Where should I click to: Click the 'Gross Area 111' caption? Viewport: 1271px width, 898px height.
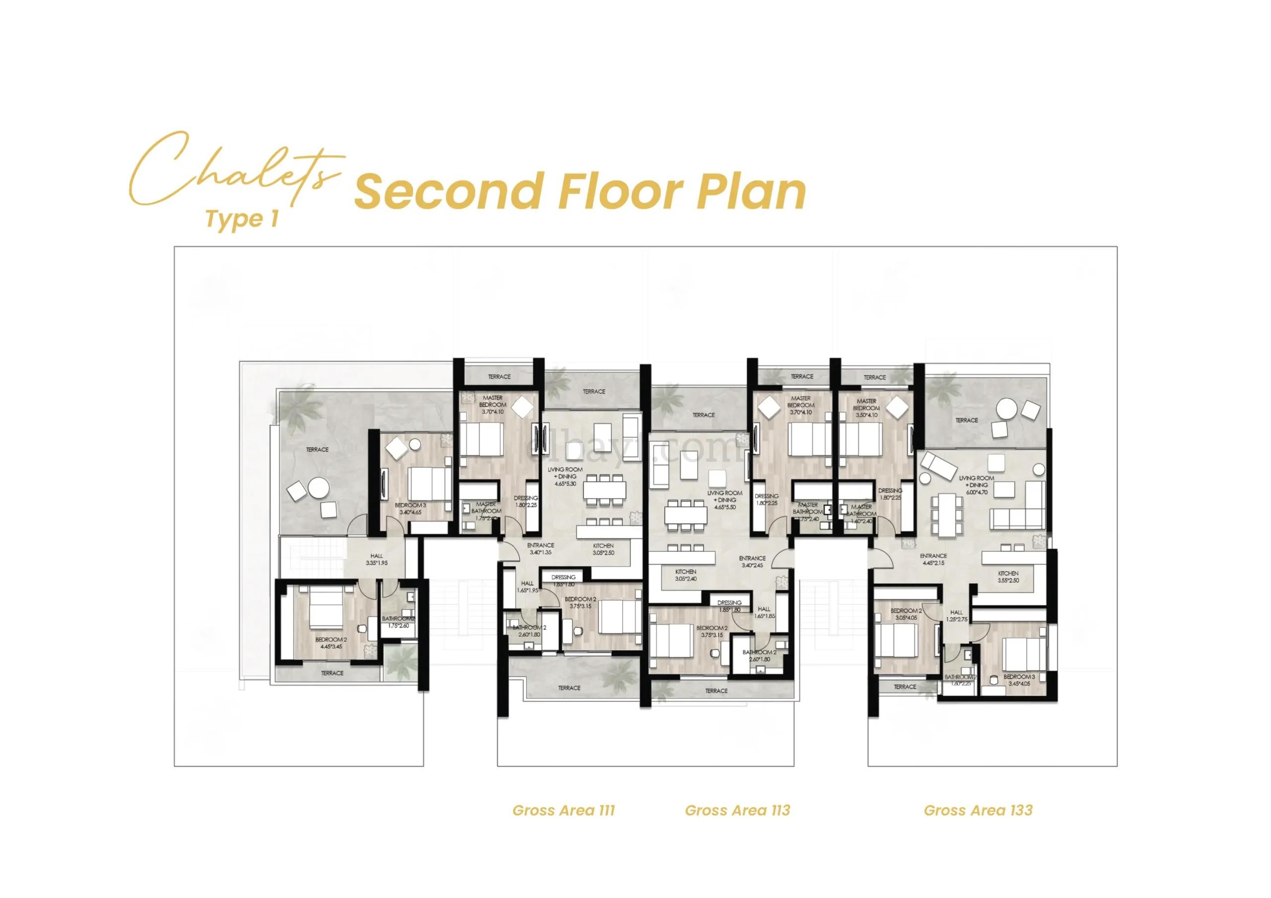[564, 811]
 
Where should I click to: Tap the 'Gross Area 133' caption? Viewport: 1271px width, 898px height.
[978, 811]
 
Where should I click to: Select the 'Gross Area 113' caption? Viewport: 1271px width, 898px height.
[737, 811]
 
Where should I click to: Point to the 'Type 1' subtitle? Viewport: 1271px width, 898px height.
[241, 219]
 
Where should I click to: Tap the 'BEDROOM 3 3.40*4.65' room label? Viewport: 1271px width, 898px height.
[410, 509]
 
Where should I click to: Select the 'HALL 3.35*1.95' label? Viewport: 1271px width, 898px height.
[376, 559]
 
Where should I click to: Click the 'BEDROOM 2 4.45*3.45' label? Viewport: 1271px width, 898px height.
[329, 643]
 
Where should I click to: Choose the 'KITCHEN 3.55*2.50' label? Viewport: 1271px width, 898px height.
[1008, 577]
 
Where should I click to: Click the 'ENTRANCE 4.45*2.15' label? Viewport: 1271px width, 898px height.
[933, 559]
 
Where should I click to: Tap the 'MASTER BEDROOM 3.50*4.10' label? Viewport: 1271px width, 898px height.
[866, 408]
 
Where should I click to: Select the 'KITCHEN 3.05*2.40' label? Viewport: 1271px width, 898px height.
[685, 575]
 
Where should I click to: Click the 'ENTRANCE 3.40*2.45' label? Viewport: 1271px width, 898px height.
[752, 562]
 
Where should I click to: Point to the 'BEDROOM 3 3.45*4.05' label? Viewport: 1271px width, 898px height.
[1019, 680]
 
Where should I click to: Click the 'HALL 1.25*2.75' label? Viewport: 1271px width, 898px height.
[957, 616]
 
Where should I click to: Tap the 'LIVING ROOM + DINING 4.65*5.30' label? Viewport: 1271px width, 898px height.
[565, 476]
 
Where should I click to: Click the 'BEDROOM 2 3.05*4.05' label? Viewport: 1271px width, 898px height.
[906, 614]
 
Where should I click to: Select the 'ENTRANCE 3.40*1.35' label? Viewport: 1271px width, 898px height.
[540, 549]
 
